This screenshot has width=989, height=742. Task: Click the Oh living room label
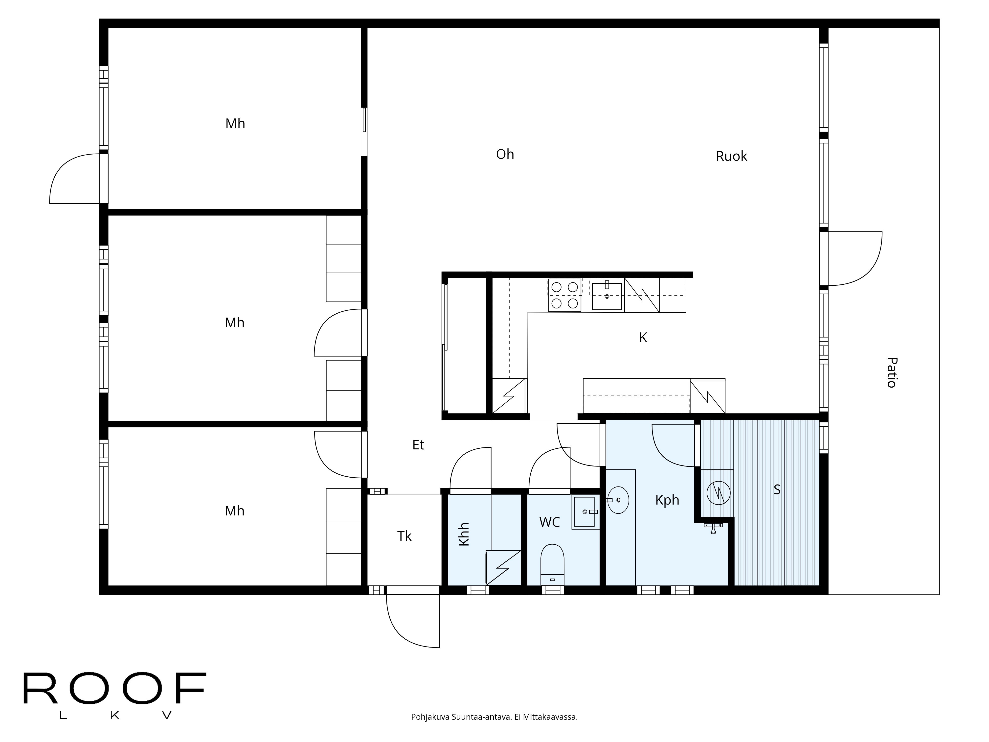[505, 154]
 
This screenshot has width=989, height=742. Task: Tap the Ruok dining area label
[731, 156]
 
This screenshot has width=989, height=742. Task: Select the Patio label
[891, 372]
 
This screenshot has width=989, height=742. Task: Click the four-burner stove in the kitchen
[564, 295]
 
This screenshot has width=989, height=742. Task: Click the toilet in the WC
[552, 563]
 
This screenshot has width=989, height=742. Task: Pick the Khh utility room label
[464, 534]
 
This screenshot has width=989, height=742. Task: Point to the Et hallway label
[418, 445]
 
